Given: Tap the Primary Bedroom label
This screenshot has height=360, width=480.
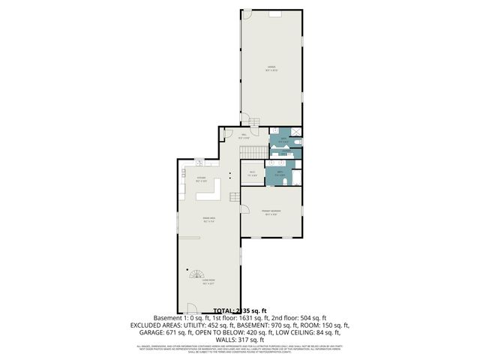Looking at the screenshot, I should (x=271, y=212).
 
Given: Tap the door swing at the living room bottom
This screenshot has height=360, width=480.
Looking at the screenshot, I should (x=191, y=308).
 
